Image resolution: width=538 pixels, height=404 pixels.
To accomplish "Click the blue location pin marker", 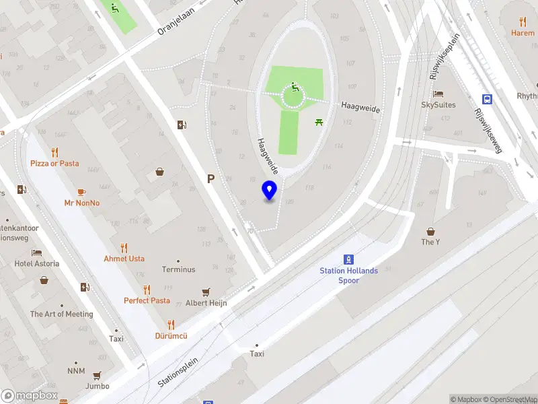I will pyautogui.click(x=270, y=191).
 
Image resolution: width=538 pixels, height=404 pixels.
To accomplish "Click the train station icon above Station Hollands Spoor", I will pyautogui.click(x=349, y=259).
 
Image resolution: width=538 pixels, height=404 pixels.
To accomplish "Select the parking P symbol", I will pyautogui.click(x=211, y=179).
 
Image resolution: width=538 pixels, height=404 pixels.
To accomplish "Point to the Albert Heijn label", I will pyautogui.click(x=206, y=303).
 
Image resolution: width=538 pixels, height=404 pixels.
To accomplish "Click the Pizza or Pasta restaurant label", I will pyautogui.click(x=54, y=163).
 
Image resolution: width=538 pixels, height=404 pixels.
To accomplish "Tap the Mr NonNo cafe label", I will pyautogui.click(x=82, y=203).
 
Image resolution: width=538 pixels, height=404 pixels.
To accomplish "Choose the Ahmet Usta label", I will pyautogui.click(x=124, y=259).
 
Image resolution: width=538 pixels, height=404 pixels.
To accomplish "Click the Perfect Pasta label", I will pyautogui.click(x=147, y=300).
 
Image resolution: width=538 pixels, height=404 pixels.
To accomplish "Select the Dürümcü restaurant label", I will pyautogui.click(x=171, y=335).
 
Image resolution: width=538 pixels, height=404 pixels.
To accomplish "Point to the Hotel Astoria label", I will pyautogui.click(x=37, y=263).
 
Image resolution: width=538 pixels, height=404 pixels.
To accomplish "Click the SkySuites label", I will pyautogui.click(x=438, y=104).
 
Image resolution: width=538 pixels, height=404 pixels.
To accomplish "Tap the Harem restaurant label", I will pyautogui.click(x=523, y=32).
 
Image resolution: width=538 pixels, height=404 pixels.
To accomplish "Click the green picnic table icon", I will pyautogui.click(x=318, y=122).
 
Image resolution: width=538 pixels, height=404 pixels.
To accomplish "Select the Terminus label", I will pyautogui.click(x=178, y=269).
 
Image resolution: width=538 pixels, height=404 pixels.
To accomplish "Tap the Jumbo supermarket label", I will pyautogui.click(x=98, y=386).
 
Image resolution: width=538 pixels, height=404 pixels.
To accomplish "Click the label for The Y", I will pyautogui.click(x=430, y=242).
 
